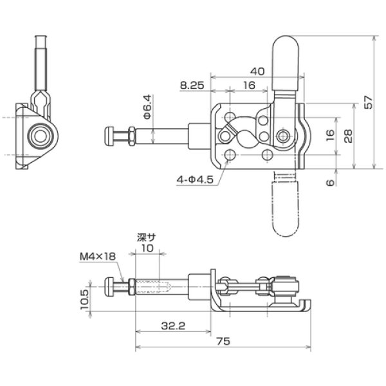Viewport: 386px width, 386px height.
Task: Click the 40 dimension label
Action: [258, 71]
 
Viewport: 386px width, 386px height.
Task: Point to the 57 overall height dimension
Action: [367, 102]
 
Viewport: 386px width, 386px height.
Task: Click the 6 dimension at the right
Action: [330, 182]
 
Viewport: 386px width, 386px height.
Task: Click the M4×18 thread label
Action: [97, 256]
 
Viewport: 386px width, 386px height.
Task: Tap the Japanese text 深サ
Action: [148, 236]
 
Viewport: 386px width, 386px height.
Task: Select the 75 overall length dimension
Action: [223, 344]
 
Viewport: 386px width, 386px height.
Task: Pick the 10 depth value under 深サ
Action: [148, 247]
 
